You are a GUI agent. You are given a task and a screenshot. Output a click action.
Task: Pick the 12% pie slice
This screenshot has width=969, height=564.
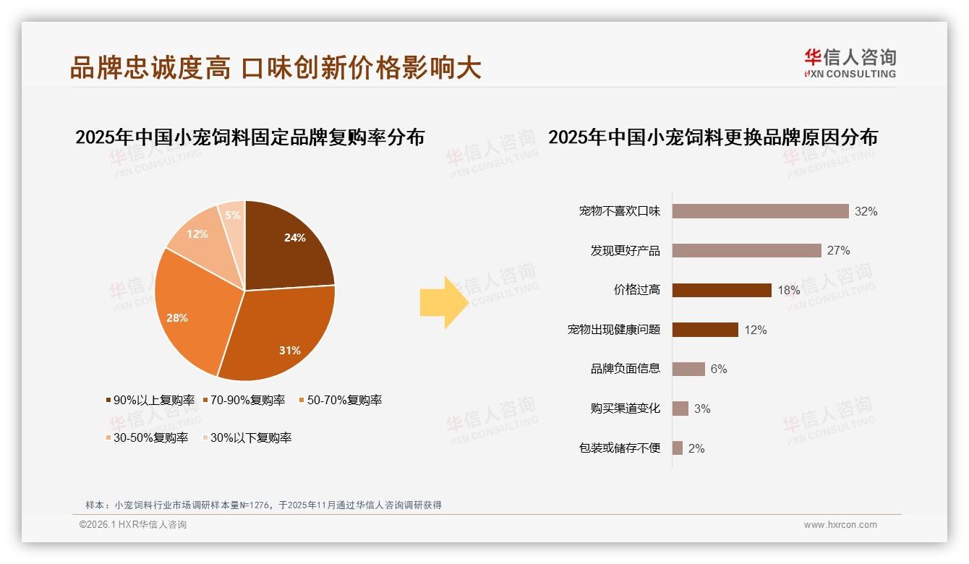pos(199,235)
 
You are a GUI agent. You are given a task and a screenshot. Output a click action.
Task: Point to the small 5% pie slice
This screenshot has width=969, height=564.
pos(233,215)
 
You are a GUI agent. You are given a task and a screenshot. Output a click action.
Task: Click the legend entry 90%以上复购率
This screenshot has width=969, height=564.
pos(150,400)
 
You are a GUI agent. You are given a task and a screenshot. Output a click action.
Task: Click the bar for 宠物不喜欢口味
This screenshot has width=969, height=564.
pos(760,211)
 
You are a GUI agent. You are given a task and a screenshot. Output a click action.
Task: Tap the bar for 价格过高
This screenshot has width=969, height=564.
pos(722,290)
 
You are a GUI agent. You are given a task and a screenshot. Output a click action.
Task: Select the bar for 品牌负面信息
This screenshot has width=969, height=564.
pos(688,369)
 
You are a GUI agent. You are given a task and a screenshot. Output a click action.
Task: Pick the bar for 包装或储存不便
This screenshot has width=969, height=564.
pos(678,448)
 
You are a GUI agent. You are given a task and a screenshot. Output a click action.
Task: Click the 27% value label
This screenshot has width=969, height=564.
pos(839,250)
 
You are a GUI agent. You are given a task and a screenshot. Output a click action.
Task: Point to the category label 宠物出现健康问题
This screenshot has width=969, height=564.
pos(614,330)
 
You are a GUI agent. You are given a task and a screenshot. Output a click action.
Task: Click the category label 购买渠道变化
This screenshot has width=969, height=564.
pos(625,409)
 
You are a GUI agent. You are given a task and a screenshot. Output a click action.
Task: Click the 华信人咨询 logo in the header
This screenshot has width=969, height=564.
pos(850,63)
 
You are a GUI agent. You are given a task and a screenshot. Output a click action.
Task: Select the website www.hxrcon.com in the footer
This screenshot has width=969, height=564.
pos(840,525)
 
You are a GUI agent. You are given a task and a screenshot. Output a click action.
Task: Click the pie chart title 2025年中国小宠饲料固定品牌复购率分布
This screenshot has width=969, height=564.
pos(249,137)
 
